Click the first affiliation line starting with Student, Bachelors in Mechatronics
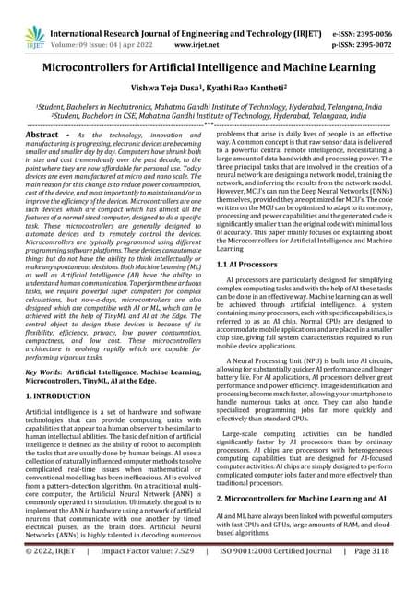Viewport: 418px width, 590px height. pyautogui.click(x=209, y=107)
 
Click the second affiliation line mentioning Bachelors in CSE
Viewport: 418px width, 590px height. pyautogui.click(x=209, y=117)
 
